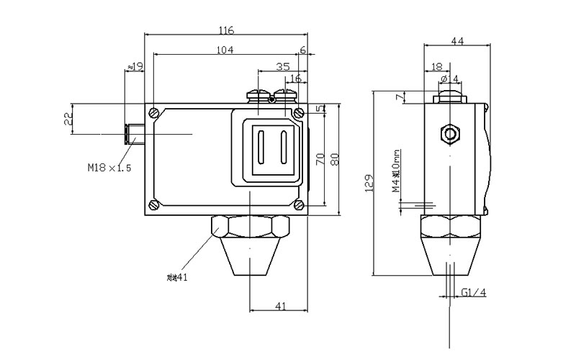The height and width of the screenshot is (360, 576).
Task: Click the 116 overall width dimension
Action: tap(226, 30)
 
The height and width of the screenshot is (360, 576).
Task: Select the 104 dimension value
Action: tap(225, 50)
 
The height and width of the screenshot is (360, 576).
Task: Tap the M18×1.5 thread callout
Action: tap(110, 168)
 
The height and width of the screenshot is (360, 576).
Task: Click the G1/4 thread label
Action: tap(473, 292)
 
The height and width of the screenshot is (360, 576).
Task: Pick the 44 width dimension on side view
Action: tap(457, 41)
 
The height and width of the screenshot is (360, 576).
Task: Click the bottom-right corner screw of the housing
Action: tap(298, 205)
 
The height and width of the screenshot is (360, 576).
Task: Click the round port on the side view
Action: tap(451, 134)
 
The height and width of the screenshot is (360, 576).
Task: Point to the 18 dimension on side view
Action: tap(436, 66)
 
